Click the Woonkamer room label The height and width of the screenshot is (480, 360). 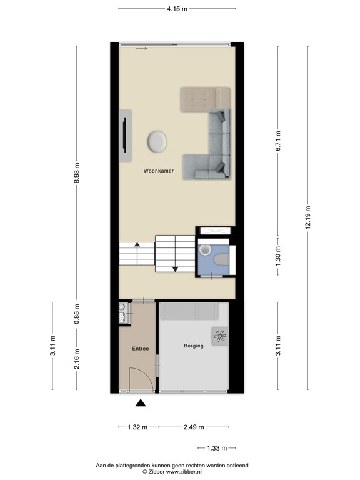[x=158, y=170]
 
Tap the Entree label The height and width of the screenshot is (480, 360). [x=140, y=349]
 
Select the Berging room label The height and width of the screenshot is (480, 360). [x=194, y=346]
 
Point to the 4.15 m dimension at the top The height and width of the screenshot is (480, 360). [x=177, y=9]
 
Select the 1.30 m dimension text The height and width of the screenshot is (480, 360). [x=279, y=254]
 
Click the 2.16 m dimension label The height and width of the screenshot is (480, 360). [x=77, y=358]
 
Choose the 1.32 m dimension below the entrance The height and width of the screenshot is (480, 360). [x=137, y=427]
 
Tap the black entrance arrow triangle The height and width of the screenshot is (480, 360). [x=141, y=404]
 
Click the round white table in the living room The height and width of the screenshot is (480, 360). [x=157, y=141]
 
